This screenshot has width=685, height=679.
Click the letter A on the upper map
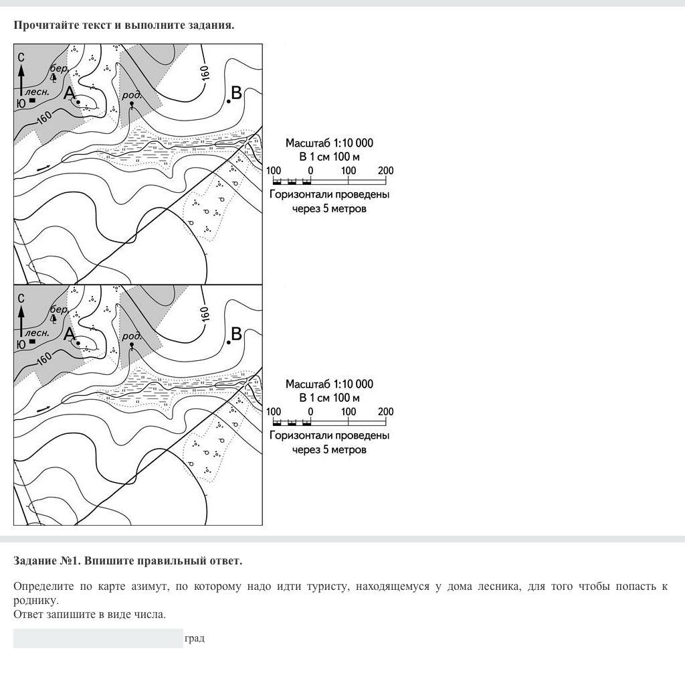(69, 93)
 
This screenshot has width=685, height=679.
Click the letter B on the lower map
(236, 333)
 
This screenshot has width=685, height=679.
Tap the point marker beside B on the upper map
(229, 101)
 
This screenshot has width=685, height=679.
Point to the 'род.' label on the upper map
(132, 95)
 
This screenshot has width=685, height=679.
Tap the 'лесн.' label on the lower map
(37, 332)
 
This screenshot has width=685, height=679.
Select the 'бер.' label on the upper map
(59, 68)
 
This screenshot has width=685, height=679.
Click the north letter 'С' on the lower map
(21, 298)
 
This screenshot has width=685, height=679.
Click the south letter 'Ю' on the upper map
(21, 103)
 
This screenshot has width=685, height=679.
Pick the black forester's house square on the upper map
(32, 100)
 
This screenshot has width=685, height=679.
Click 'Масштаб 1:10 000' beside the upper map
(329, 143)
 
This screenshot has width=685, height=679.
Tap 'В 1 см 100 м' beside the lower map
(329, 398)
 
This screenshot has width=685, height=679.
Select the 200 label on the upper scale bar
(385, 171)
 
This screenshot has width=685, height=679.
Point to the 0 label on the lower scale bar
(310, 412)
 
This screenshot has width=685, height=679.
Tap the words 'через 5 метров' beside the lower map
(329, 449)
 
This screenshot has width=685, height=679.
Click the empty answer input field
(98, 638)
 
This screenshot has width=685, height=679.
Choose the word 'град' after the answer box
(195, 638)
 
